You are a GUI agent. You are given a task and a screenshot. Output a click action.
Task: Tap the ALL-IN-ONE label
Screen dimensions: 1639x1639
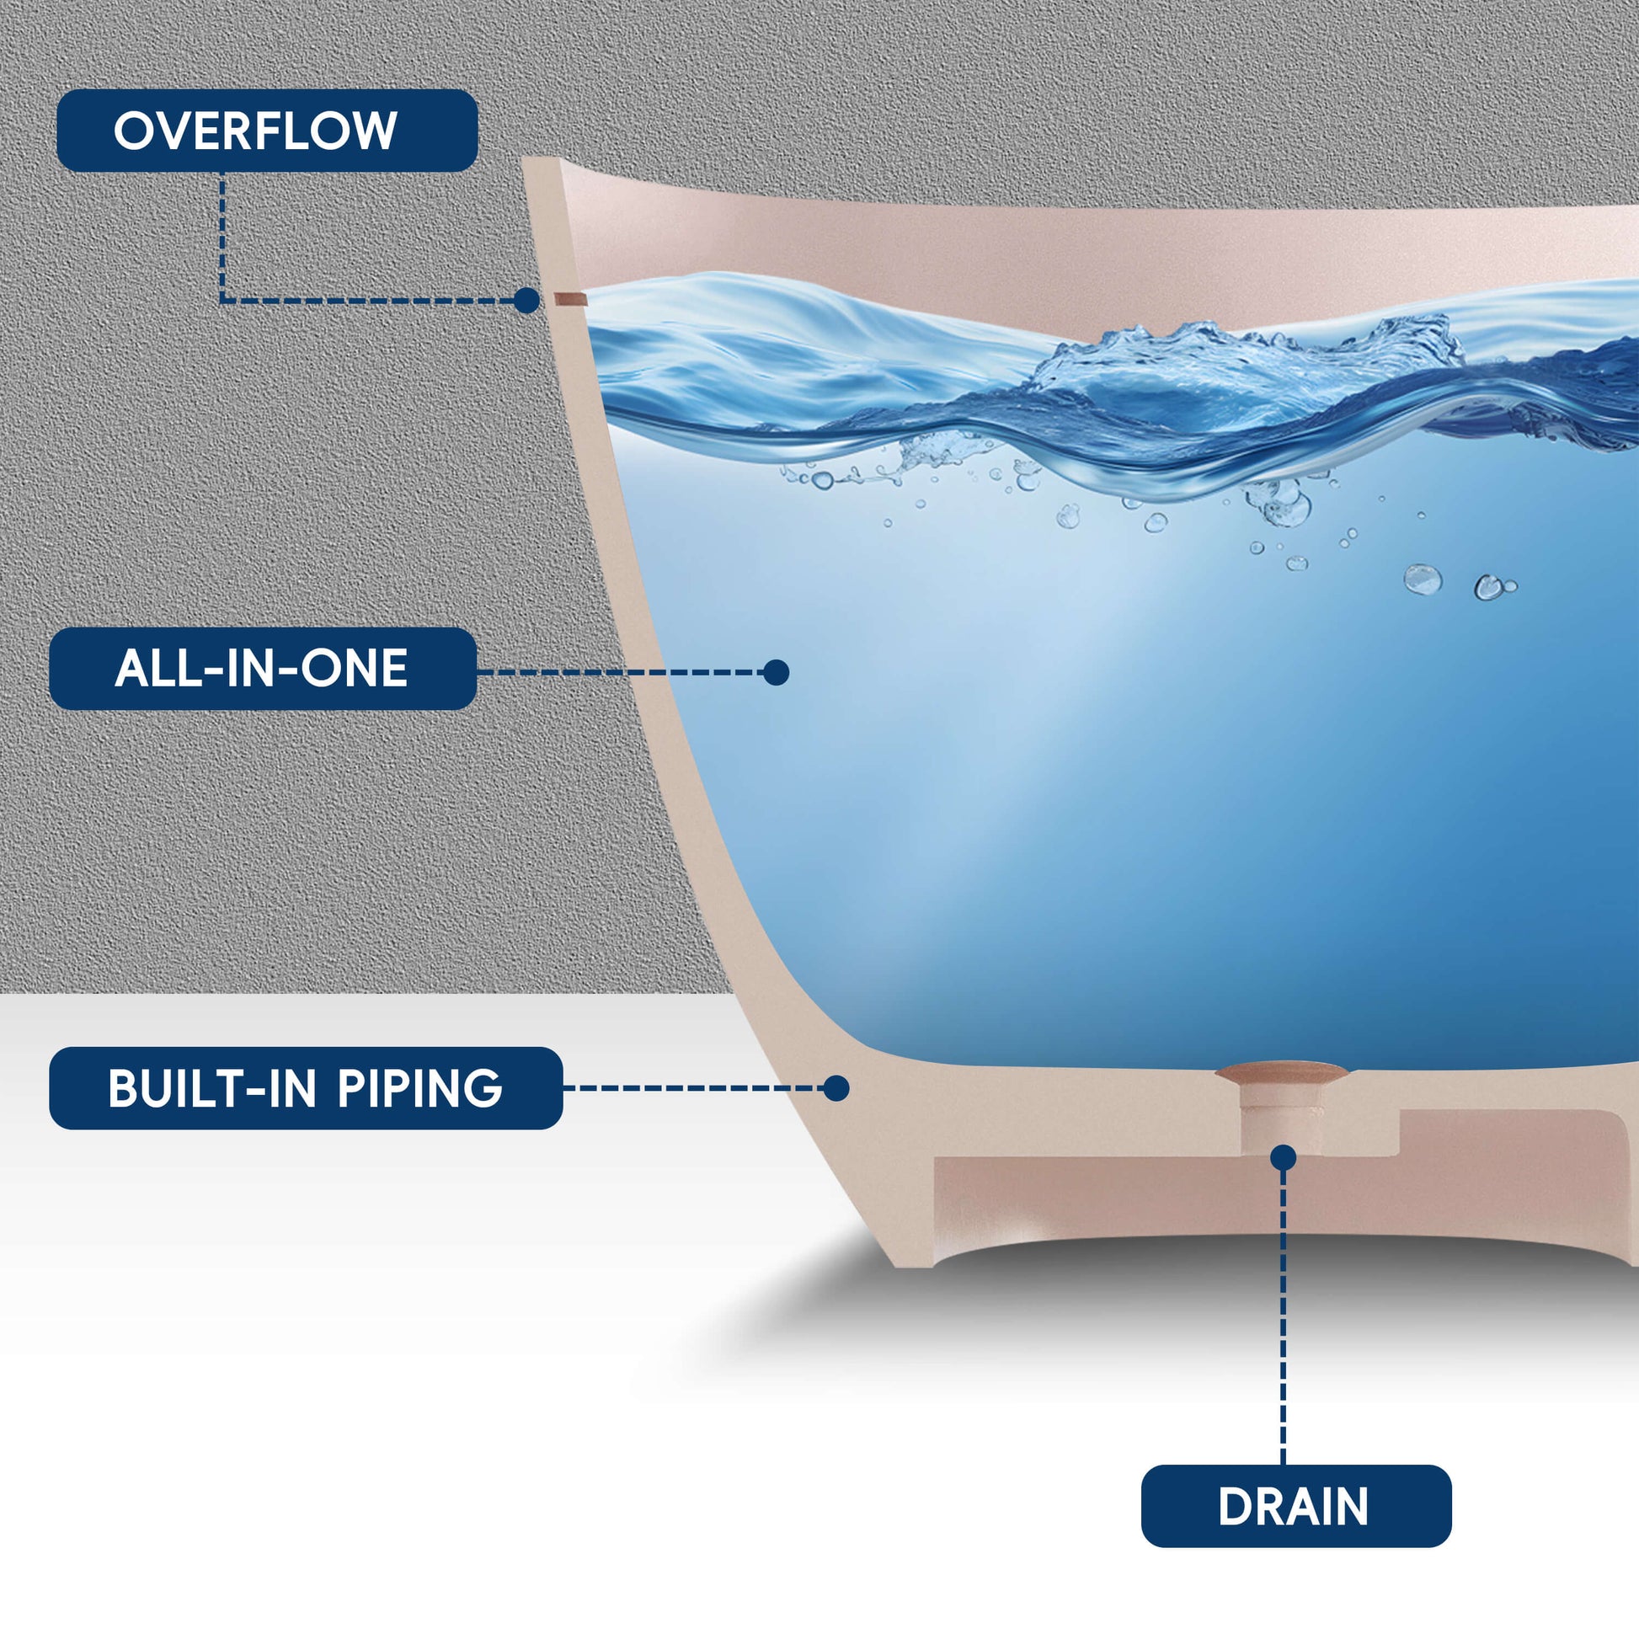262,669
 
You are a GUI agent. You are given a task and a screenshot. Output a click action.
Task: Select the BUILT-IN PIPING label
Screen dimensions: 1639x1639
306,1087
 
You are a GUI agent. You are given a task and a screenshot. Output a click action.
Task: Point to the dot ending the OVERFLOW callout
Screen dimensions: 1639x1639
527,301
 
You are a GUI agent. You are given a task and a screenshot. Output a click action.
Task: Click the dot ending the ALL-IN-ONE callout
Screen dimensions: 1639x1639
776,673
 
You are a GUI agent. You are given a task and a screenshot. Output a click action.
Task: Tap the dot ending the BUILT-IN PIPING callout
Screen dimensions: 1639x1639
836,1088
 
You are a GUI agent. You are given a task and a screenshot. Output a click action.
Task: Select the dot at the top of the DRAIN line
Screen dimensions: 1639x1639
1284,1157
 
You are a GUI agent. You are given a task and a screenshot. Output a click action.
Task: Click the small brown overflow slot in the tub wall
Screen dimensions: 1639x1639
570,299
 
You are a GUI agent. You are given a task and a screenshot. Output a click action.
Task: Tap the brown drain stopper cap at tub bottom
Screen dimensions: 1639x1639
1281,1072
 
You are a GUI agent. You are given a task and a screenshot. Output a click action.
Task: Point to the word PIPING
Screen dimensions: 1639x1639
420,1087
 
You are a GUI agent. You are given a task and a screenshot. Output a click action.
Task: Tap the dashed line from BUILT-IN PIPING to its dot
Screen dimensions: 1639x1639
696,1088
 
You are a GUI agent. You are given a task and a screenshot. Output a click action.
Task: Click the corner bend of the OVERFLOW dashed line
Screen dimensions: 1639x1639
222,301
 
